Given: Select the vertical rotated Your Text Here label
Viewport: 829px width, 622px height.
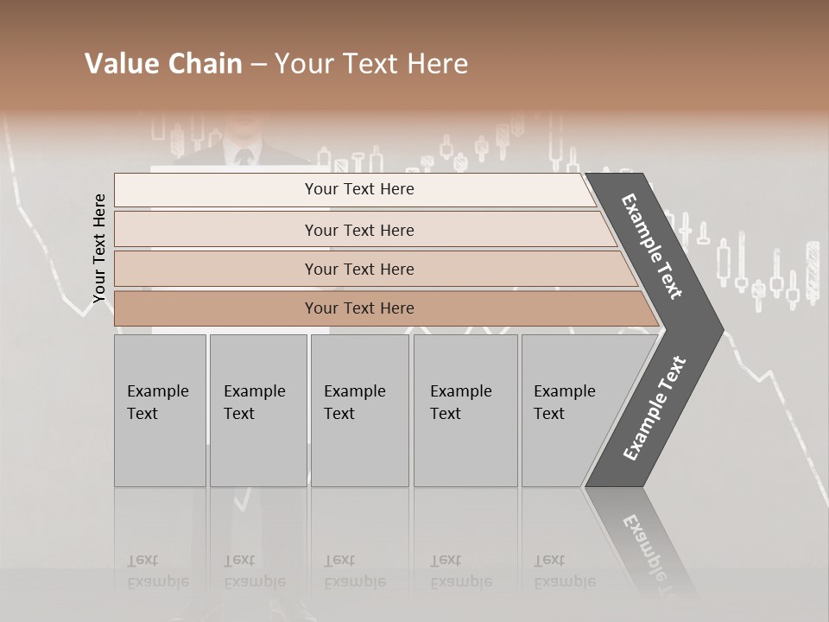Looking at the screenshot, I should [x=99, y=249].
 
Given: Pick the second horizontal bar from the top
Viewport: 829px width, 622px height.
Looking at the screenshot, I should [x=359, y=230].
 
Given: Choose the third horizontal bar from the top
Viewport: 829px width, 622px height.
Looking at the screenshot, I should [x=359, y=269].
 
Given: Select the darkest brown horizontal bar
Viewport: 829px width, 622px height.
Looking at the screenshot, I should [x=359, y=308].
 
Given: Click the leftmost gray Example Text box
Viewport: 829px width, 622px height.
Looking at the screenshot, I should [x=160, y=410].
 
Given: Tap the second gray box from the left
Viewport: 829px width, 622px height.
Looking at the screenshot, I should [x=257, y=410].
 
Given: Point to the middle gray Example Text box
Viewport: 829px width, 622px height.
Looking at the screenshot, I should [x=359, y=410].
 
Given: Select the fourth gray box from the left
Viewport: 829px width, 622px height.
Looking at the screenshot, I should [x=465, y=410].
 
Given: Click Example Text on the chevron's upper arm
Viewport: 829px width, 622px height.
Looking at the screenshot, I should [x=652, y=246].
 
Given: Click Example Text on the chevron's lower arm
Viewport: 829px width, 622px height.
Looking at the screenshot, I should [x=655, y=408].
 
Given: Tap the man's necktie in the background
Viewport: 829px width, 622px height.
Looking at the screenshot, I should [x=244, y=156].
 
